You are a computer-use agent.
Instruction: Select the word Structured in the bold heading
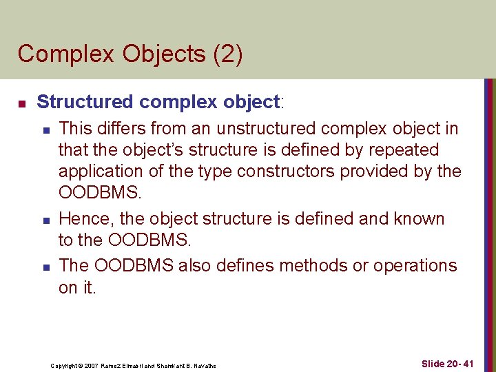85,102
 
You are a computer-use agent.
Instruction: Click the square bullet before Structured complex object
21,104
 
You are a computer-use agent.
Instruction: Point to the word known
418,219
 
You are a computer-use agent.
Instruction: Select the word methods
309,265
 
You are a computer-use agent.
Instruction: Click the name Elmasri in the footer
143,365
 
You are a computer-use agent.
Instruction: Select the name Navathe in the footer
203,365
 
